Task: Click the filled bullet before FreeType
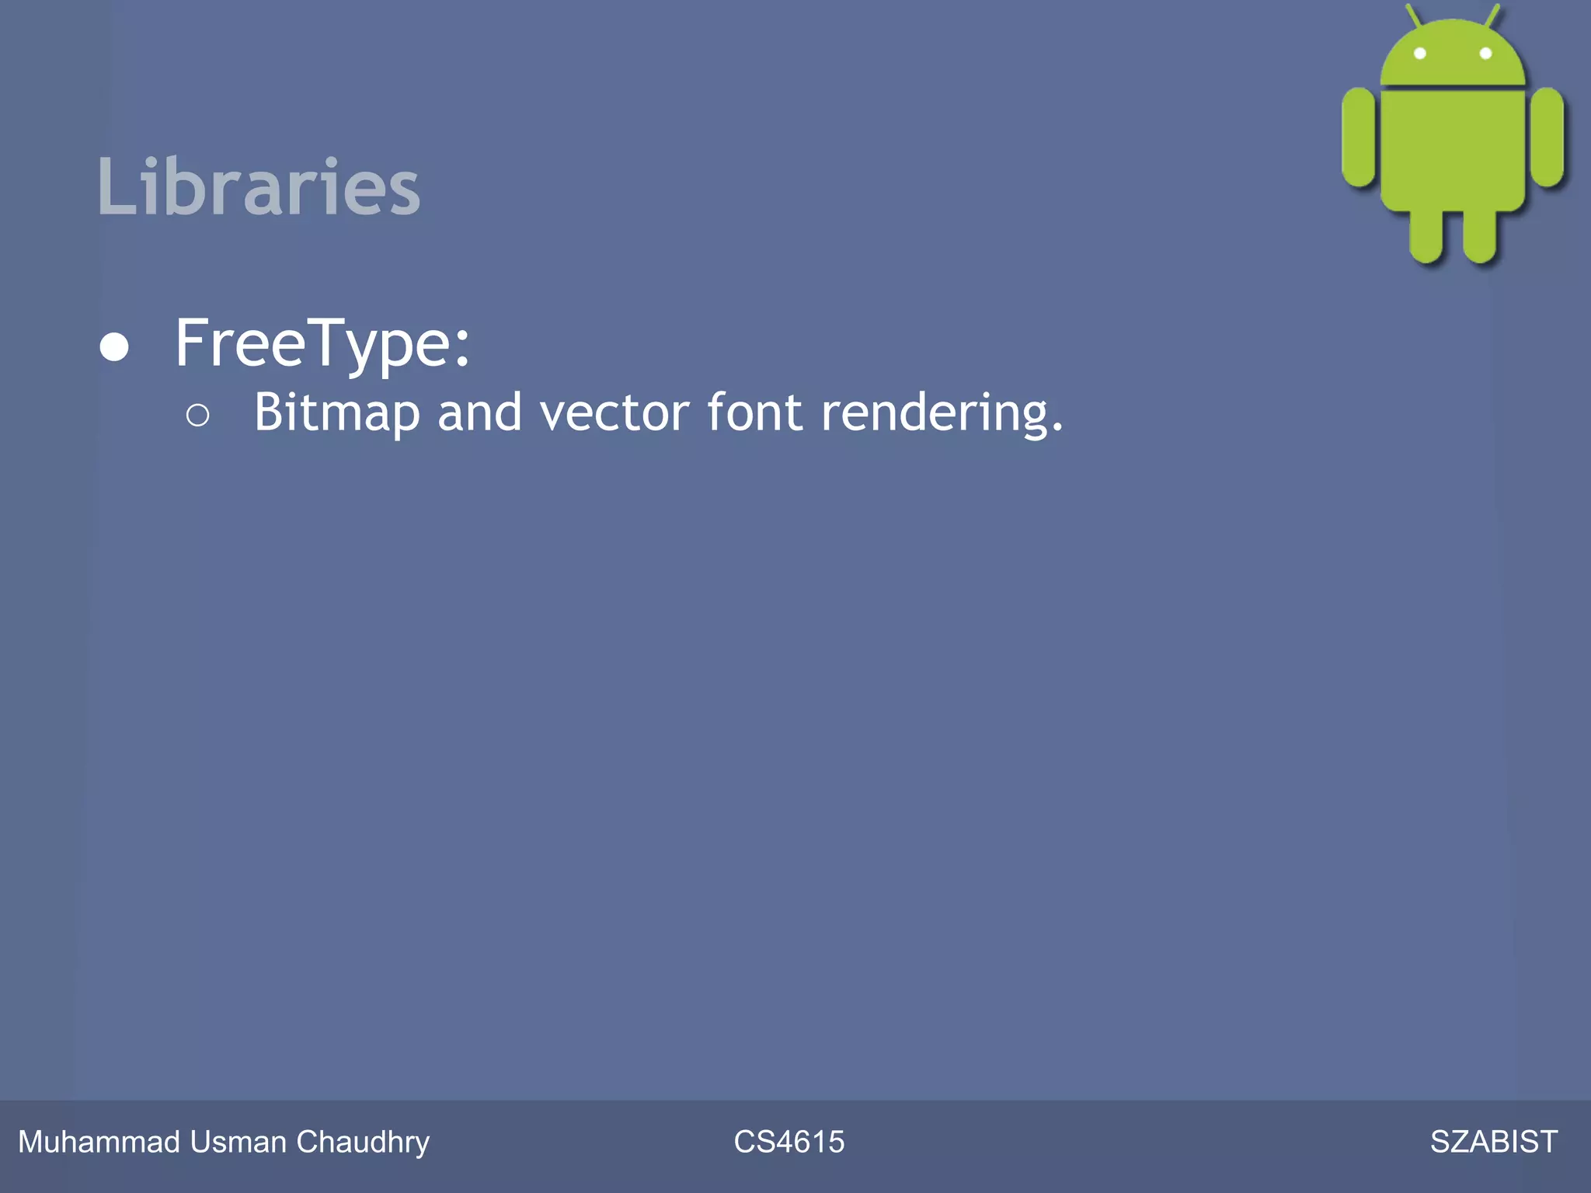tap(114, 346)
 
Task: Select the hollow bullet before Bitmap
tap(197, 416)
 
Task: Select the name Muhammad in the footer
tap(99, 1142)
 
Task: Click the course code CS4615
tap(789, 1142)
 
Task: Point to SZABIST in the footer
tap(1493, 1142)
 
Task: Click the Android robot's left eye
tap(1419, 54)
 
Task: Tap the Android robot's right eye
tap(1485, 54)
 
